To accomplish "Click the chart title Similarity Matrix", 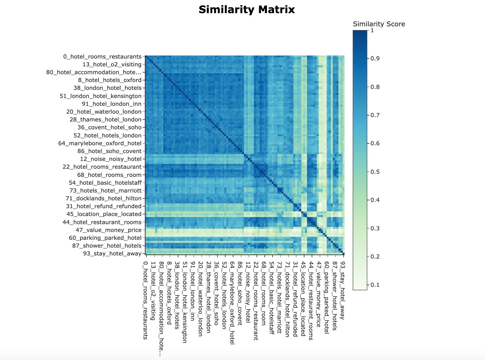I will pos(247,10).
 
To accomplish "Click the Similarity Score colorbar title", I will pos(379,24).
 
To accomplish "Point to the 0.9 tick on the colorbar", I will pos(375,59).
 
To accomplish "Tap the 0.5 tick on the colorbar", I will pos(375,172).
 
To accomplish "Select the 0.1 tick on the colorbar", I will pos(375,285).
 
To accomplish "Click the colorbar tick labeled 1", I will pos(372,30).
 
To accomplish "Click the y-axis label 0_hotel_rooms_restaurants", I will pos(102,57).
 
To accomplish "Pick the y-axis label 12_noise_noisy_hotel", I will pos(111,159).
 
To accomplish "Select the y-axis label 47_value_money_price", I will pos(108,230).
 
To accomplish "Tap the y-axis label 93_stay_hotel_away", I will pos(112,254).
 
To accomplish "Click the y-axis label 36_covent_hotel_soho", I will pos(110,127).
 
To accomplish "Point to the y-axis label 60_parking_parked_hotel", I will pos(105,238).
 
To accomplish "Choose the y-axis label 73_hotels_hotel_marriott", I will pos(105,191).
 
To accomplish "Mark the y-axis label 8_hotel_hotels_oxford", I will pos(110,80).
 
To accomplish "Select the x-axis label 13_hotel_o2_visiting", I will pos(153,291).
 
